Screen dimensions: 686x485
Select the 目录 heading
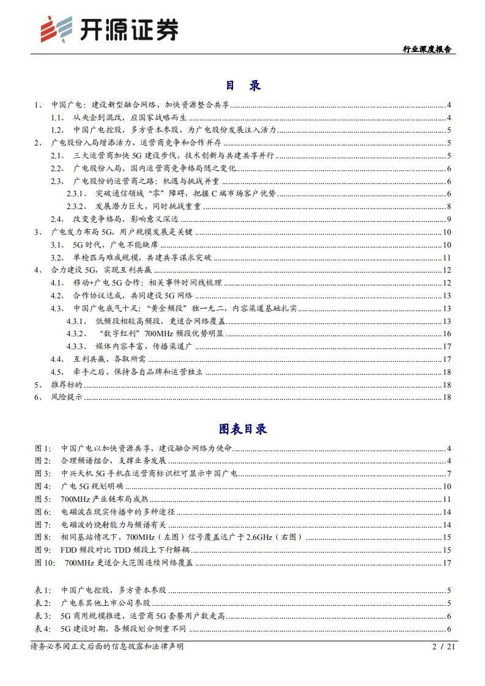click(x=243, y=85)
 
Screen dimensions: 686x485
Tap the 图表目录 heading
click(x=243, y=429)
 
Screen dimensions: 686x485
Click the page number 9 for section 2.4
click(x=448, y=219)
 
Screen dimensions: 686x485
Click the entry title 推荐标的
click(x=66, y=385)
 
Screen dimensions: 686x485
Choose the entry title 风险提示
click(x=66, y=397)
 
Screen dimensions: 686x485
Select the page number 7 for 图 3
click(x=448, y=474)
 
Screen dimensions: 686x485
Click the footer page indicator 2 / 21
click(x=440, y=646)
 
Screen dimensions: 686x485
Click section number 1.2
click(x=57, y=130)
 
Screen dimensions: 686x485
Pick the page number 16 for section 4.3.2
click(x=446, y=334)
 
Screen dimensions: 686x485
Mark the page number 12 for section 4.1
click(x=446, y=283)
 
